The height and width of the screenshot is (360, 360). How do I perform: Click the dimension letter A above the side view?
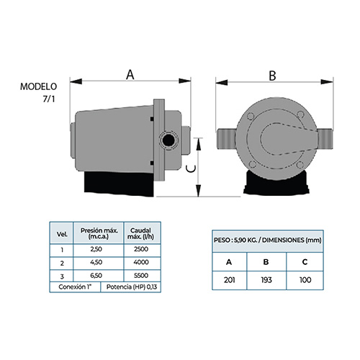(130, 75)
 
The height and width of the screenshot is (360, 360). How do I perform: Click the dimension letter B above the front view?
(272, 76)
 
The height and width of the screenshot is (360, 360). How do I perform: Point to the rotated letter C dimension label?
(192, 169)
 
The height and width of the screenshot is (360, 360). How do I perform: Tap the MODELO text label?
(38, 86)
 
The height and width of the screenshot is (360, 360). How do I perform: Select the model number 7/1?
(49, 99)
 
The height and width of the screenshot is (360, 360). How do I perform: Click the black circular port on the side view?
(168, 140)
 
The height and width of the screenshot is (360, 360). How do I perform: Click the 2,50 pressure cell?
(96, 249)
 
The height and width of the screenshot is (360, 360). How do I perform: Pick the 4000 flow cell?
(141, 262)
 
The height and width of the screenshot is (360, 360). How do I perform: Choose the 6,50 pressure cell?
(96, 276)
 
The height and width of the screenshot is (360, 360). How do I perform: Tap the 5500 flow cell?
(141, 276)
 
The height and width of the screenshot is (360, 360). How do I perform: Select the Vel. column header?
(62, 234)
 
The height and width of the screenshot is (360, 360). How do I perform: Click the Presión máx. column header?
(99, 233)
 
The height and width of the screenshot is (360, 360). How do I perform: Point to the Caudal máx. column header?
(140, 233)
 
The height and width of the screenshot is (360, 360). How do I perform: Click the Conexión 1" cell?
(76, 287)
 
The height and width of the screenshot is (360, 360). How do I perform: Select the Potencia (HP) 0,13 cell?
(132, 287)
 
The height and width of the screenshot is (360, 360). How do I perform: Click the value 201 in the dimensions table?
(230, 280)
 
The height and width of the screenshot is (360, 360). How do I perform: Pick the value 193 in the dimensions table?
(266, 280)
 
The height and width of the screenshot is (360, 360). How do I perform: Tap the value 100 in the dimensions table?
(305, 280)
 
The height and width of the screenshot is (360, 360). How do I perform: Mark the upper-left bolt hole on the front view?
(251, 117)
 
